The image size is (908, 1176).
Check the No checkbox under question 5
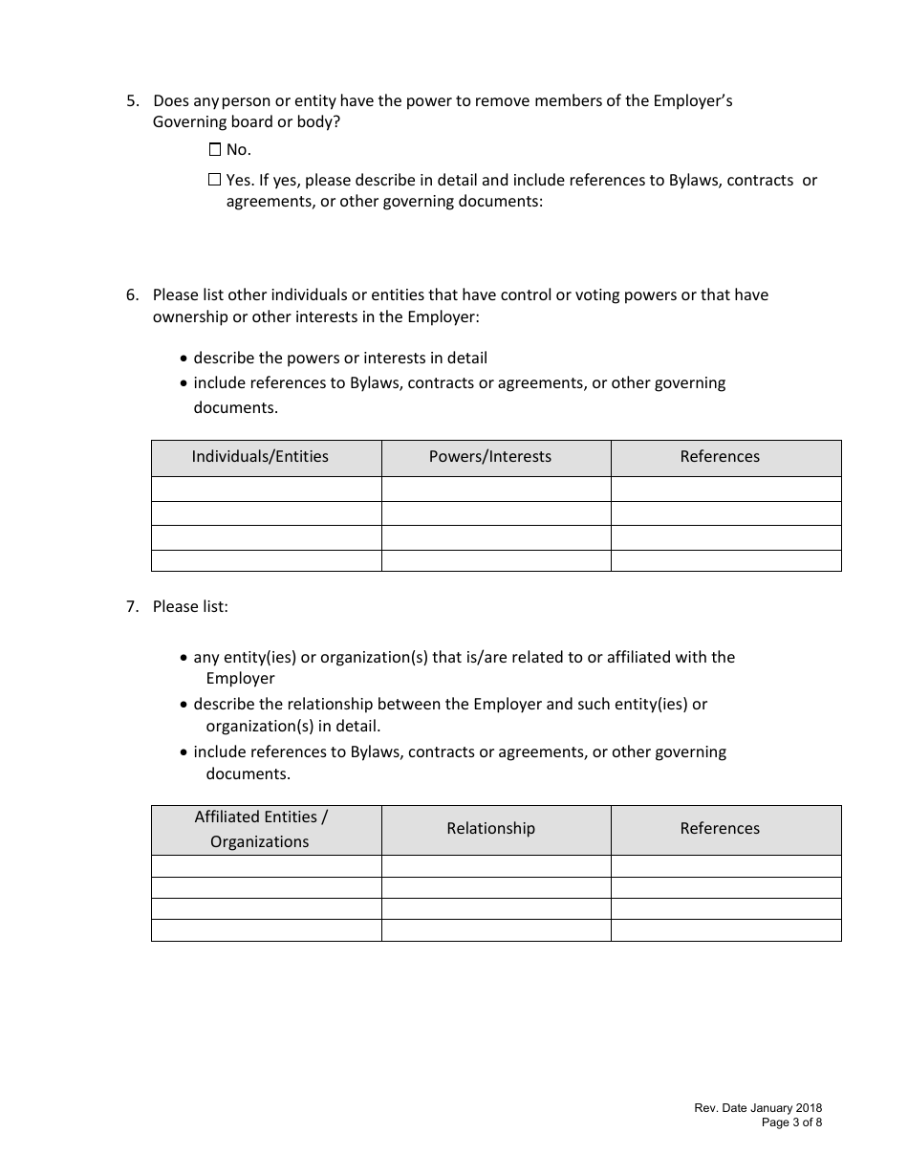214,149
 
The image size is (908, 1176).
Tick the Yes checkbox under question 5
214,180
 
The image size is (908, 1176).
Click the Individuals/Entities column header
260,457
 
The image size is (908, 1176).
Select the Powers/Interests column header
490,457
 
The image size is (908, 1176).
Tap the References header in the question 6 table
720,457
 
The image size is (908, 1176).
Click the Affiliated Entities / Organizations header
260,829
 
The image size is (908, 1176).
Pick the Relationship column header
490,829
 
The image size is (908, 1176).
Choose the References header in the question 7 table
720,829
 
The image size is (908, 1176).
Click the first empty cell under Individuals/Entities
266,489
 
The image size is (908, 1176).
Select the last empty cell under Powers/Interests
496,561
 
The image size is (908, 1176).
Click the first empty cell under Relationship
496,866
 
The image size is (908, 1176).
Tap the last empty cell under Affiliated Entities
266,930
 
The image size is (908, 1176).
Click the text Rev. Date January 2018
758,1108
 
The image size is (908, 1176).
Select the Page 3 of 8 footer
791,1123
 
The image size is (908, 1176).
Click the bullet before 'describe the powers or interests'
184,359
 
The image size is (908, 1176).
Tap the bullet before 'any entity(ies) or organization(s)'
184,658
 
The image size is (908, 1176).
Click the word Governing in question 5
189,121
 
